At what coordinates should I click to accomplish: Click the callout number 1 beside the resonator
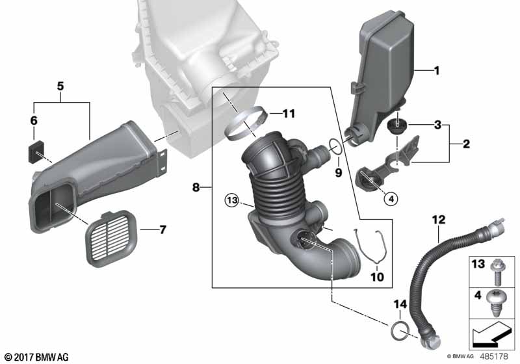point(437,70)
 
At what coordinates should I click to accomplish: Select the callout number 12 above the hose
point(439,220)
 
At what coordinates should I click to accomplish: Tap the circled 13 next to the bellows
point(232,200)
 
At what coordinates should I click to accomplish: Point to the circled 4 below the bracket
point(391,199)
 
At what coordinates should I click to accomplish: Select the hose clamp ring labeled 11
point(246,123)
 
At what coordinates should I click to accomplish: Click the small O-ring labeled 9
point(335,146)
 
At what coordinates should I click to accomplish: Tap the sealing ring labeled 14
point(400,330)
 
